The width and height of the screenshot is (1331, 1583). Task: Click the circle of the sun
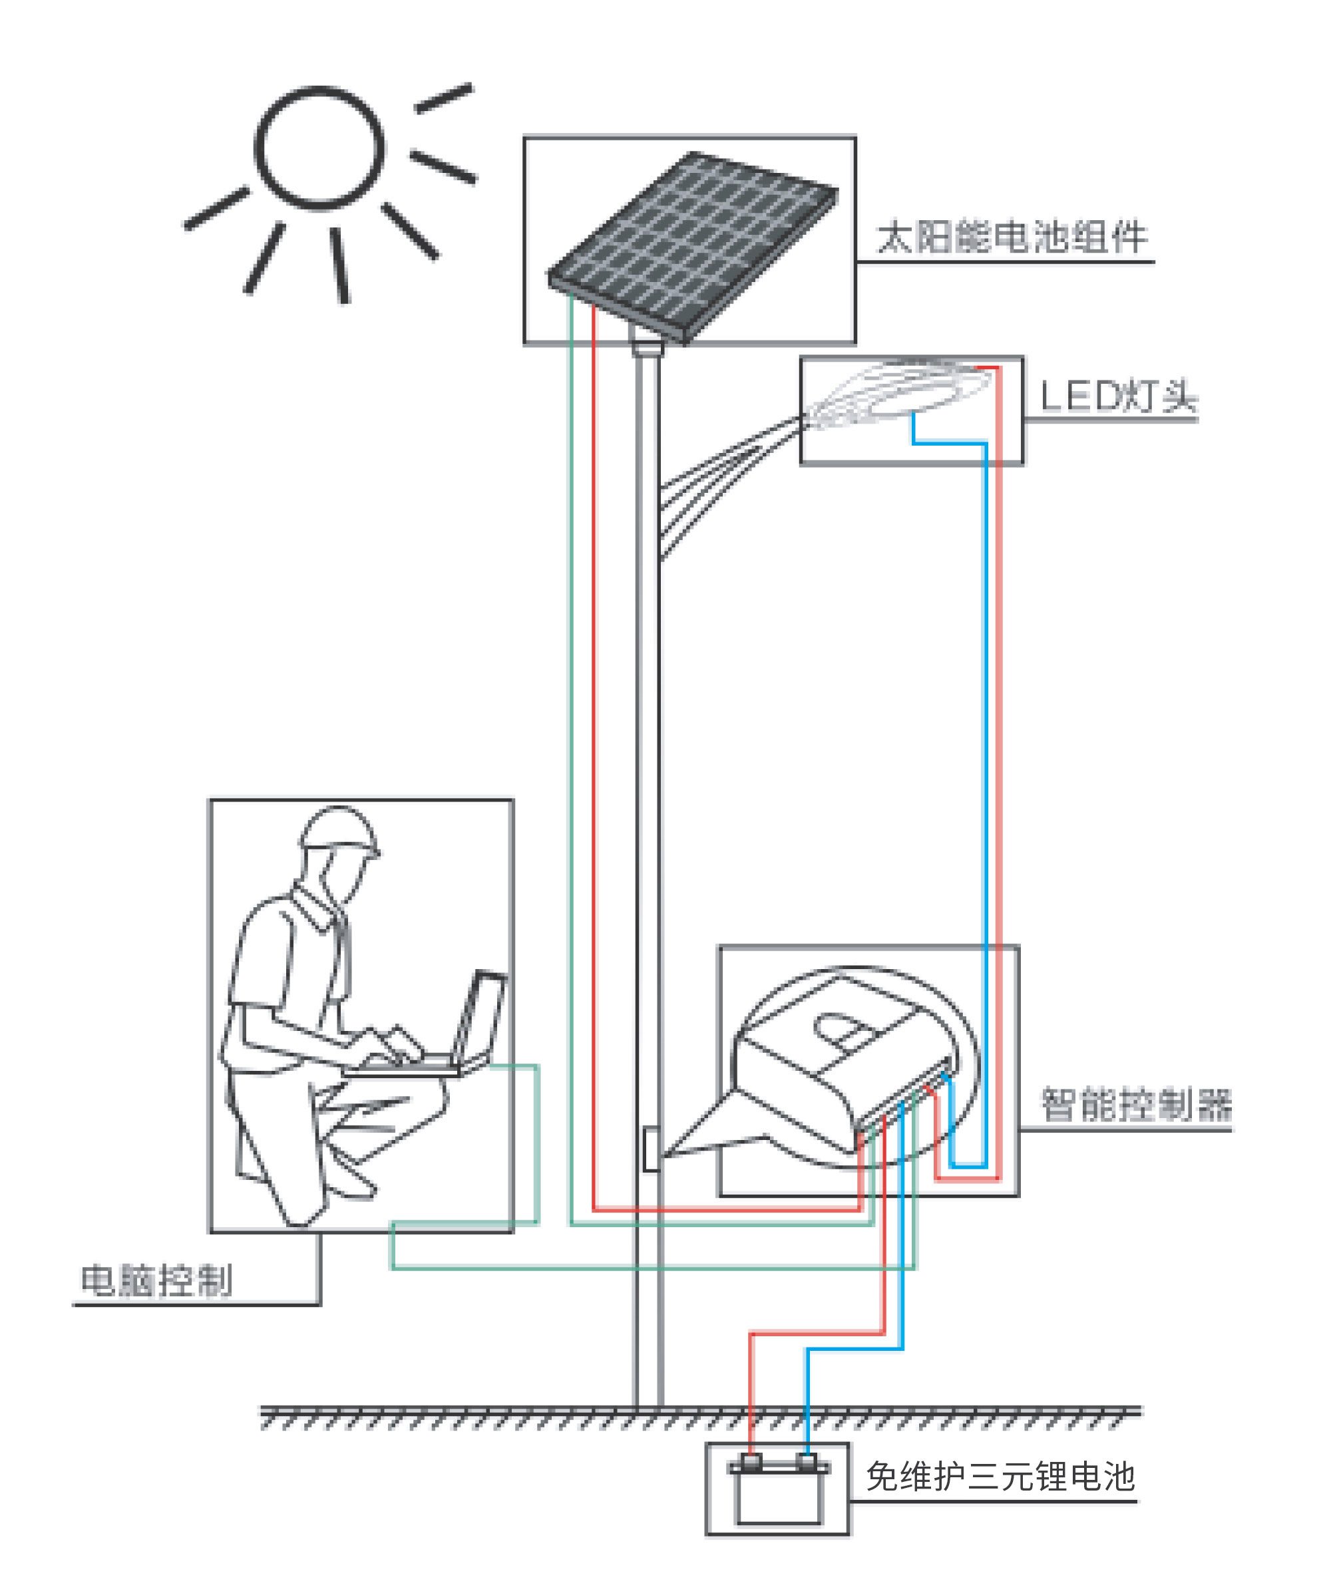click(319, 147)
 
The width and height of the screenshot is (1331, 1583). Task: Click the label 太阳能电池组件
click(1012, 237)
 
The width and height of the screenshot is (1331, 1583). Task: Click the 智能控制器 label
click(1135, 1105)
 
